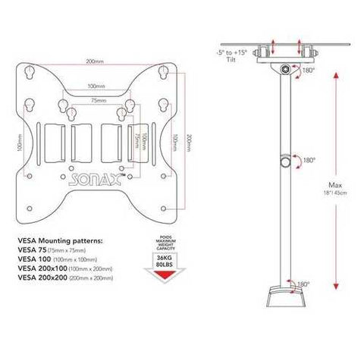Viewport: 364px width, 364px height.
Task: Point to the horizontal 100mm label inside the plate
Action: [x=96, y=86]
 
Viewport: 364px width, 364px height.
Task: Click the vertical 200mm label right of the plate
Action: [x=189, y=143]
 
